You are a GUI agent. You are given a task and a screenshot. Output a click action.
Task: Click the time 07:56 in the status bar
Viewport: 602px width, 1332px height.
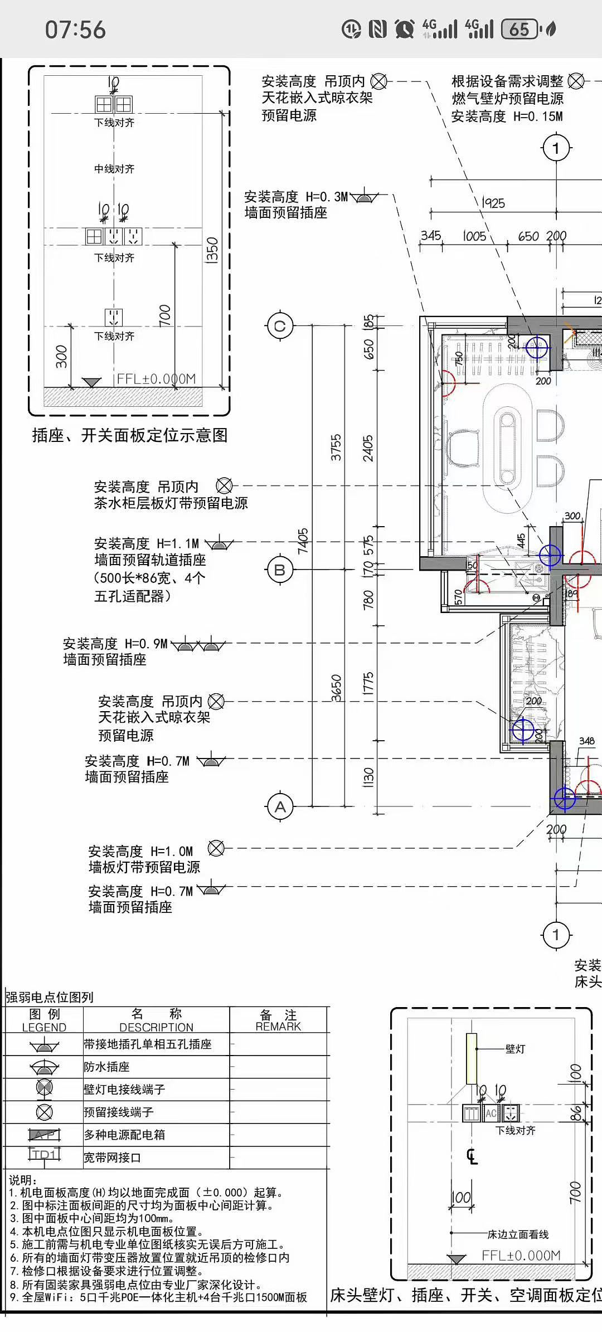[75, 30]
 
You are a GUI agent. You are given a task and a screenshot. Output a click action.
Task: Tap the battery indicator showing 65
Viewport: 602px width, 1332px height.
[520, 29]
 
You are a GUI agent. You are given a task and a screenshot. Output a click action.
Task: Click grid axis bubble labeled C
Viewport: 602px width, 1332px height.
[280, 326]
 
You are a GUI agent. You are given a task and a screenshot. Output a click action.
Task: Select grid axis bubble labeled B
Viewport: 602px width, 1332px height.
[280, 570]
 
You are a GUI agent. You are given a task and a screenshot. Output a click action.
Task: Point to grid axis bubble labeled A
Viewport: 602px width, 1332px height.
[280, 806]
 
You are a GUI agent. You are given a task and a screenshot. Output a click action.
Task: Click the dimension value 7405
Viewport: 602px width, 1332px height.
[303, 541]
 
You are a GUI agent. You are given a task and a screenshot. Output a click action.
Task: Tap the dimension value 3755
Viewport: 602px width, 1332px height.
[336, 447]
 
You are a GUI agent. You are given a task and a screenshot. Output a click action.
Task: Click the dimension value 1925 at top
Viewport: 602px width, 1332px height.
[493, 203]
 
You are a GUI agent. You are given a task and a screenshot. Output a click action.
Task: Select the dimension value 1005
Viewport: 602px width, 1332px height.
[474, 236]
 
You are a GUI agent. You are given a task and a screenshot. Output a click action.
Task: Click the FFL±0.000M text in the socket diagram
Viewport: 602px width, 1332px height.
[156, 379]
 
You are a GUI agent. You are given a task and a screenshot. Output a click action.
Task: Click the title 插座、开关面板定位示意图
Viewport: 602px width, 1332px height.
[130, 435]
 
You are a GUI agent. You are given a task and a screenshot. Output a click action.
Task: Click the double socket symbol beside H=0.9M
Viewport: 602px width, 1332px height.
[198, 646]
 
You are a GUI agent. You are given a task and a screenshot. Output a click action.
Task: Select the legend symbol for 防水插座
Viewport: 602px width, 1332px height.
[44, 1067]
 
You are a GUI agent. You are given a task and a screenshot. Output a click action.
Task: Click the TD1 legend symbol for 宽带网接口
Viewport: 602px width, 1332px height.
[44, 1154]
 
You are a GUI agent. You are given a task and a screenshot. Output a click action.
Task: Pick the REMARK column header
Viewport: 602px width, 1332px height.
[278, 1021]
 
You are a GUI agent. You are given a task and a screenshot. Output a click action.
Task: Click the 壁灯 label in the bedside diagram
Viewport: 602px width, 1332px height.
[515, 1049]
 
